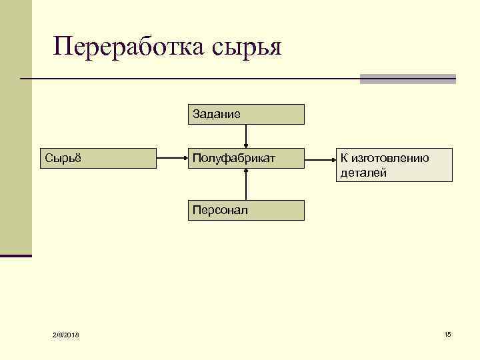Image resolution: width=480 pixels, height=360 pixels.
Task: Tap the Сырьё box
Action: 99,158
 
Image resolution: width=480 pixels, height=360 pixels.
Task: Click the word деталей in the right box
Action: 363,173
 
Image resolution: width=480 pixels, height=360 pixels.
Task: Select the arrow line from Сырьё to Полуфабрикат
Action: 172,158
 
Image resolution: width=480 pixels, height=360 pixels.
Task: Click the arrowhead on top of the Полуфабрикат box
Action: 247,144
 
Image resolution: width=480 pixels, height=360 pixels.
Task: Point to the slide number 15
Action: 447,333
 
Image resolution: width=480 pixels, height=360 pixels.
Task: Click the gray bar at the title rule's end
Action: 407,79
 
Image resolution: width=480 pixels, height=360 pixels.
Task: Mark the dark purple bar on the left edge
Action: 16,255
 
